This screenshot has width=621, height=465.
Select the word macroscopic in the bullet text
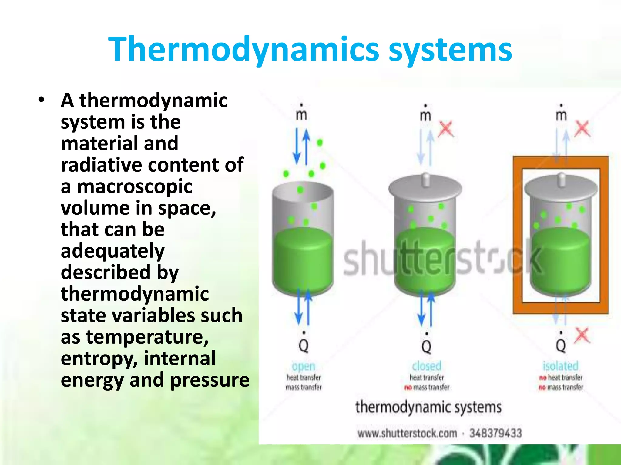(x=135, y=186)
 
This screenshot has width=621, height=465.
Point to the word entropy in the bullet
(x=100, y=359)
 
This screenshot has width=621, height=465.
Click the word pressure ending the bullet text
(x=210, y=380)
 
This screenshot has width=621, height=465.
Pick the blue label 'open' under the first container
(x=304, y=366)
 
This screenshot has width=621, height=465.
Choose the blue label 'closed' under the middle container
(x=426, y=366)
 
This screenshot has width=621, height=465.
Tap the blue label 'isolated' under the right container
(x=560, y=366)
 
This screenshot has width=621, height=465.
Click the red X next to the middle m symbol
(x=446, y=129)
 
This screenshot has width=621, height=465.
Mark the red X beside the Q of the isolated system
(x=582, y=336)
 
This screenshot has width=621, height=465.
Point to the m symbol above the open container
(x=301, y=114)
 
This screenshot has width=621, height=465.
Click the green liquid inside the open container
(x=303, y=260)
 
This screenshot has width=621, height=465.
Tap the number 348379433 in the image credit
(x=495, y=433)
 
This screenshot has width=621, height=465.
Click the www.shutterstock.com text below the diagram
(x=407, y=433)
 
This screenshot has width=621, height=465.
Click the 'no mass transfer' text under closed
(x=427, y=387)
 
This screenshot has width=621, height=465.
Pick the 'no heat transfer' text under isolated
(x=561, y=378)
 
